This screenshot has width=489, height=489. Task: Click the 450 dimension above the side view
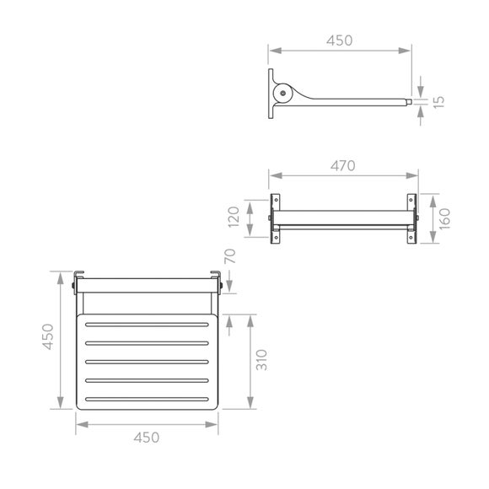[340, 40]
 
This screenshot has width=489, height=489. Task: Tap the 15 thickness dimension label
[439, 100]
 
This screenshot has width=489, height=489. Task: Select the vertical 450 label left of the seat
[49, 338]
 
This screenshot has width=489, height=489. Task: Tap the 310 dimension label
[264, 361]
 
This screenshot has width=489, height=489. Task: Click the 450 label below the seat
[147, 437]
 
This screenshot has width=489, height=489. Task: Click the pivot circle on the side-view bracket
[282, 94]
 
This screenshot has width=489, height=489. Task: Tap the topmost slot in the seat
[147, 325]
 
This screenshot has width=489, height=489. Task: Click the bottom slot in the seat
[147, 397]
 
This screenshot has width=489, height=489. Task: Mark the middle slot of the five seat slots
[147, 361]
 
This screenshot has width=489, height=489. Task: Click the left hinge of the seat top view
[78, 282]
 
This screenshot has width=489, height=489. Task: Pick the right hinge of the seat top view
[217, 282]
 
